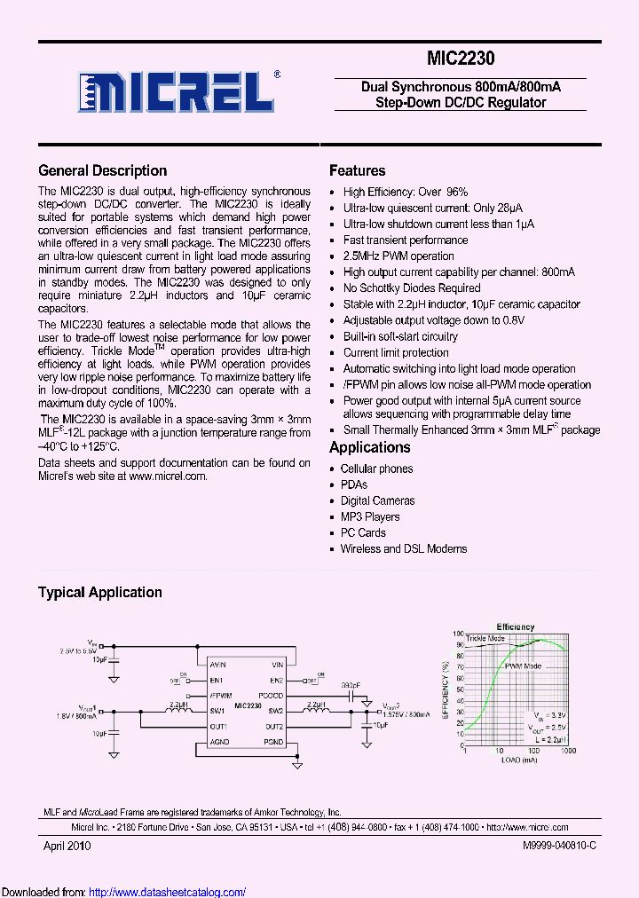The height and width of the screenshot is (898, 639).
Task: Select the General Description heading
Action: click(102, 171)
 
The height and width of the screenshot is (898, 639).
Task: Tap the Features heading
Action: click(357, 171)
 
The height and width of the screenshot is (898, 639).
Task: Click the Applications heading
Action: click(369, 448)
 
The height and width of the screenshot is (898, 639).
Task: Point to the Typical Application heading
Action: click(99, 593)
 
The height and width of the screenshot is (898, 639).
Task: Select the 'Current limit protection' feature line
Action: click(396, 353)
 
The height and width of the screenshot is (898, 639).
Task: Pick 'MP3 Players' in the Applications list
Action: click(370, 517)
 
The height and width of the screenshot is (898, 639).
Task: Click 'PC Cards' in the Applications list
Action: click(363, 533)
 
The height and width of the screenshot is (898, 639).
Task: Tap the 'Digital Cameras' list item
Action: click(377, 501)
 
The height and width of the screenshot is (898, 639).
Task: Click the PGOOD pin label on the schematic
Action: click(271, 696)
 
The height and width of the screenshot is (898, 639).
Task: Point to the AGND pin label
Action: click(219, 742)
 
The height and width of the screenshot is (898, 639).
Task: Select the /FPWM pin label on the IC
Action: click(221, 696)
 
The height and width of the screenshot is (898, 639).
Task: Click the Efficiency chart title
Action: click(515, 626)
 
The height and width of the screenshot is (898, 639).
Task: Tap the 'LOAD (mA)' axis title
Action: click(519, 760)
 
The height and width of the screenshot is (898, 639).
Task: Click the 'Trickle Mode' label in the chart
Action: click(485, 639)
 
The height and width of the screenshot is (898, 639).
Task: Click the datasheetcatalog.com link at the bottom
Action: click(168, 892)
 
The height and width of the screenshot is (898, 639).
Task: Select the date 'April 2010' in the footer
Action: click(67, 847)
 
